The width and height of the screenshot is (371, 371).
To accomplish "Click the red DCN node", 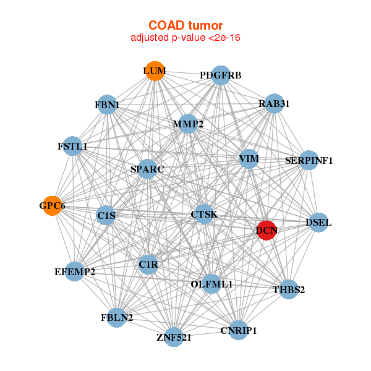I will coord(267,231).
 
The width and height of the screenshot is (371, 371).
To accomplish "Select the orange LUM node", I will coord(154,71).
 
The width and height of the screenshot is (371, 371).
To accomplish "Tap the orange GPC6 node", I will coord(53,206).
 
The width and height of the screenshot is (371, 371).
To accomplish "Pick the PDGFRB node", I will coord(221,75).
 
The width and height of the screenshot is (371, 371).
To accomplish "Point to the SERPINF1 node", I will coord(309,161).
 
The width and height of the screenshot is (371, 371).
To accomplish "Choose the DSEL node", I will coord(318,222).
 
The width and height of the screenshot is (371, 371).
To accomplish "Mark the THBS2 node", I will coord(289,289).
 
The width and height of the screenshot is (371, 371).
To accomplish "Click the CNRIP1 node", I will coord(238,330).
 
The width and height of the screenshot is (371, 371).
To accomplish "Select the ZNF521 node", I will coord(174,337).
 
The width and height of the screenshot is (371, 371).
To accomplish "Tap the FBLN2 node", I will coord(117,318).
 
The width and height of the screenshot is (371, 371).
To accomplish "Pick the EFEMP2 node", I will coord(74,271).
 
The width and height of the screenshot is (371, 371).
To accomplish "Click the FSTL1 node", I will coord(72,147).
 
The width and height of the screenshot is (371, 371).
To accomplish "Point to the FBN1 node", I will coord(107,105).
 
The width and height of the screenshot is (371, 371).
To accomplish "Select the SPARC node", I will coord(147,168).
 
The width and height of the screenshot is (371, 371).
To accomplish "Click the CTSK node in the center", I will coord(204,214).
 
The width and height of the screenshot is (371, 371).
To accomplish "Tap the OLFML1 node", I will coord(211,284).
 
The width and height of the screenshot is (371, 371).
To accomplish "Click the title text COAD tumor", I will coord(185,25).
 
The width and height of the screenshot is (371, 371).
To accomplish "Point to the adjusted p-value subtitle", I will coord(185,38).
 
